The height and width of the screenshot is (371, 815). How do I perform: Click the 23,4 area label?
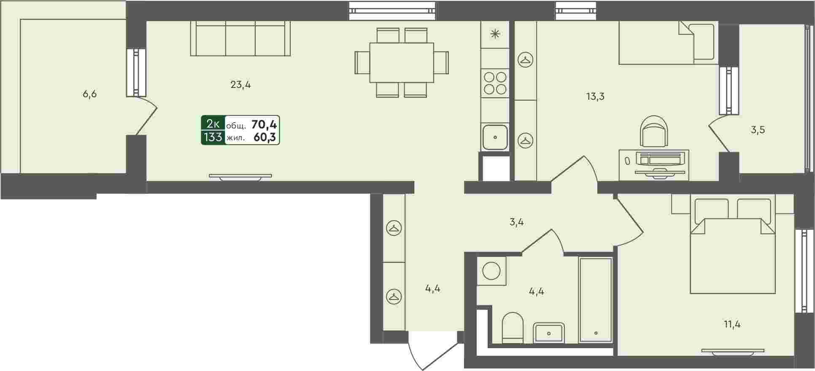[x=240, y=85]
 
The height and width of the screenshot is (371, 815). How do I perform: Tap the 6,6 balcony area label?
[x=89, y=94]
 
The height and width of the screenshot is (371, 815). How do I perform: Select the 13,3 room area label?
[x=595, y=96]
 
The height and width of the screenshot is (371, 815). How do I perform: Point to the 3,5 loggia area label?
[x=758, y=130]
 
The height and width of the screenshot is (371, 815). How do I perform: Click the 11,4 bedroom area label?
[x=732, y=325]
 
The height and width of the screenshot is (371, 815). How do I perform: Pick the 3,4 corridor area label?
[x=516, y=222]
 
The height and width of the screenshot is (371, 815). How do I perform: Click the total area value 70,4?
[x=264, y=124]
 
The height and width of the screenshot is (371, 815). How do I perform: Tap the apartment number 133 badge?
[x=213, y=137]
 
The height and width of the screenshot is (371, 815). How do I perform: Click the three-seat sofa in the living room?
[x=240, y=38]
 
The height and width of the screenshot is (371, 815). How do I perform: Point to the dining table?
[x=402, y=63]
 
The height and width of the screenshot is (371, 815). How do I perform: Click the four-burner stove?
[x=495, y=83]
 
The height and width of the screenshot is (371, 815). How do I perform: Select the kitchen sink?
[x=495, y=137]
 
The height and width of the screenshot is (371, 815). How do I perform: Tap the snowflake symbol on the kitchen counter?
[x=495, y=34]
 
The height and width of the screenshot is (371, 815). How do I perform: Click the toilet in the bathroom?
[x=513, y=327]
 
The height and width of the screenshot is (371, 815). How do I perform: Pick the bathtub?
[x=596, y=300]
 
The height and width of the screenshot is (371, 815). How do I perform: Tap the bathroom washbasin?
[x=549, y=333]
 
